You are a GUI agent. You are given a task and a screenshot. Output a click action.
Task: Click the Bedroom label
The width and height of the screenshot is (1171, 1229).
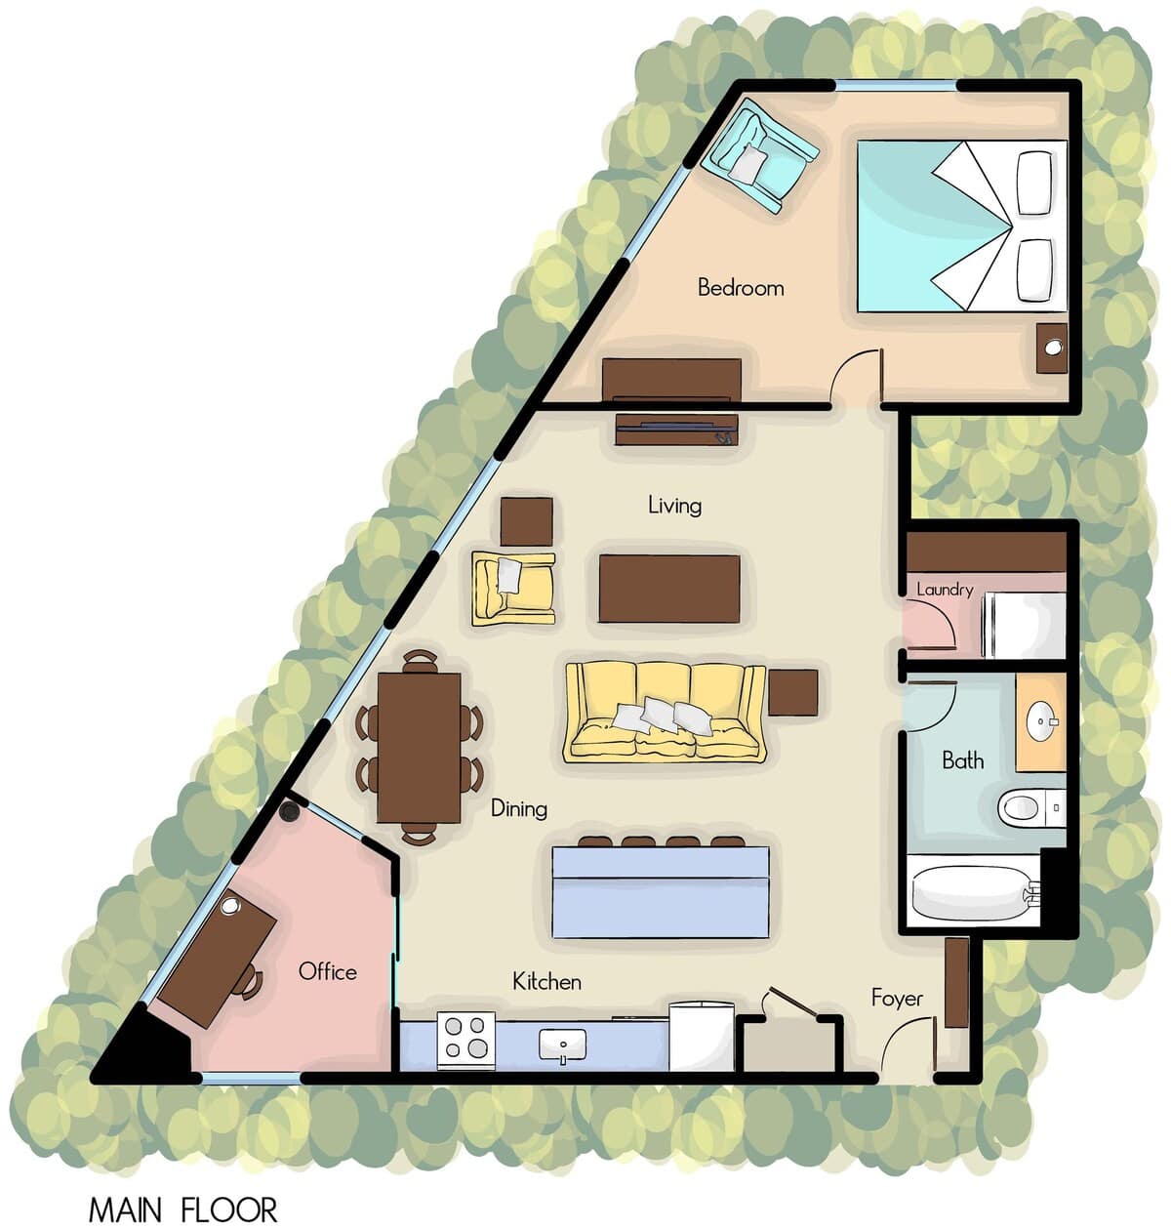tap(741, 288)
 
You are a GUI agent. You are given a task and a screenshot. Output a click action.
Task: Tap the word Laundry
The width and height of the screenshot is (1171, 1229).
tap(945, 590)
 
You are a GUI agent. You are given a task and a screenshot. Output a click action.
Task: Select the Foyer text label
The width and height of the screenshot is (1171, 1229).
tap(897, 999)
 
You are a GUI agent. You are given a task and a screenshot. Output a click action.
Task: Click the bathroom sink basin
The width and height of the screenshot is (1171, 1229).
tap(1040, 721)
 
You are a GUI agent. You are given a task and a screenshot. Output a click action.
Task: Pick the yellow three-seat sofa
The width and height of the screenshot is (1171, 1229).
tap(665, 712)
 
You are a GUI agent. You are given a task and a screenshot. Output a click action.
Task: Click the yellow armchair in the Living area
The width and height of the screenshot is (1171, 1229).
tap(513, 588)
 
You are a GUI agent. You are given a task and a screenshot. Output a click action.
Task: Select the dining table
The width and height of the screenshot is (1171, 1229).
tap(420, 747)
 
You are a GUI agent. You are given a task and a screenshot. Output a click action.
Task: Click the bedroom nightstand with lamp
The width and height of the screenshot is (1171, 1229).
tap(1051, 348)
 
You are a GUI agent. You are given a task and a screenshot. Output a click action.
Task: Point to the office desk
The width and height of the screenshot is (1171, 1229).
tap(217, 959)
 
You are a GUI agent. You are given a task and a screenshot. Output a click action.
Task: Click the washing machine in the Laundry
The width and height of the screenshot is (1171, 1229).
tap(1024, 625)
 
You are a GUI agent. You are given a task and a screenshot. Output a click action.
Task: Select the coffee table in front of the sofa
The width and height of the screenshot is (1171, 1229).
tap(669, 589)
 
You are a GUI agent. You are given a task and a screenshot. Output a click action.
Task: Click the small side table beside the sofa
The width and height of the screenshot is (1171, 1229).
tap(793, 692)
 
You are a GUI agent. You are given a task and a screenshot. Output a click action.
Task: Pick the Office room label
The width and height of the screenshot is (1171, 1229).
tap(328, 971)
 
